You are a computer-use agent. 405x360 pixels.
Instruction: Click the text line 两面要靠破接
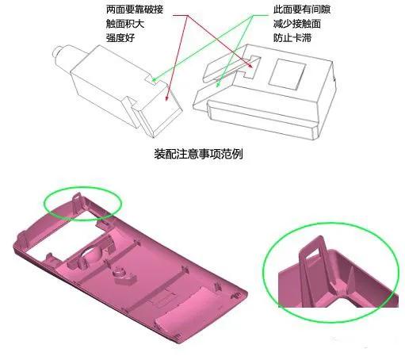coord(135,10)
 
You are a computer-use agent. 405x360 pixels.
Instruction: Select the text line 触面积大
coord(125,24)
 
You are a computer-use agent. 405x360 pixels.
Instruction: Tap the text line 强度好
coord(120,38)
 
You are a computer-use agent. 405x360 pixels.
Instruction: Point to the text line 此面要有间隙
coord(302,10)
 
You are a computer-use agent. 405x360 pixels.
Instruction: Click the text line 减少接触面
coord(297,24)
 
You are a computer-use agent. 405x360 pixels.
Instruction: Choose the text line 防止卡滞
coord(292,38)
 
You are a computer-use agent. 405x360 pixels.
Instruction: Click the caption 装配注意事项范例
coord(198,154)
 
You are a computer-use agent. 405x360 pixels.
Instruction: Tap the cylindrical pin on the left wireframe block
coord(60,53)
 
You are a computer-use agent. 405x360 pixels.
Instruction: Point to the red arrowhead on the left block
coord(166,98)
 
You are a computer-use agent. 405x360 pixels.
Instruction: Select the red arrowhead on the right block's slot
coord(250,65)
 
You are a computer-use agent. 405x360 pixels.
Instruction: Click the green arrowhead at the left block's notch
coord(153,79)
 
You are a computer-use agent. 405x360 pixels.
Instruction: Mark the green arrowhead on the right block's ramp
coord(218,84)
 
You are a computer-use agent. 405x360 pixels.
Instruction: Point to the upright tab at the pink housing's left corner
coord(22,239)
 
